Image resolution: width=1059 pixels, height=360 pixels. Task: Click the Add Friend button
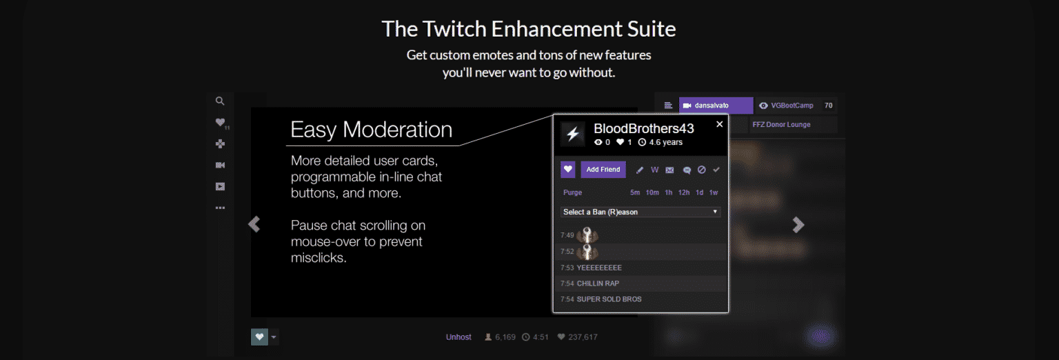point(603,170)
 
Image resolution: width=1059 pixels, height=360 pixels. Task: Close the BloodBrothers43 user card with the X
point(720,124)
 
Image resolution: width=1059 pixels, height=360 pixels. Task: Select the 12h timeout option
point(684,192)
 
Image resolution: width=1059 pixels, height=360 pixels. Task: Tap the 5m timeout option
point(635,192)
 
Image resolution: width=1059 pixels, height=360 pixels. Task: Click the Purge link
point(572,192)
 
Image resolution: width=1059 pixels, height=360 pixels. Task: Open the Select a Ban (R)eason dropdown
point(641,212)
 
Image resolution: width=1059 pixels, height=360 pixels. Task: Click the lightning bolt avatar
point(572,134)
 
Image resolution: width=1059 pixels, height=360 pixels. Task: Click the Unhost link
point(458,337)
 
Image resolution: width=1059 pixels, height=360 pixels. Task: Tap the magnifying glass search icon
point(220,101)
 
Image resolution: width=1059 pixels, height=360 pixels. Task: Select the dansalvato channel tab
point(716,106)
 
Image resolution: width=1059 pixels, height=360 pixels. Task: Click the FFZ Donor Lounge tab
point(781,125)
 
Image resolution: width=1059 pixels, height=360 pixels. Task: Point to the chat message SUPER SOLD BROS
point(609,299)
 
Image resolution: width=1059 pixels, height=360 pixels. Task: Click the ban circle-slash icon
point(701,170)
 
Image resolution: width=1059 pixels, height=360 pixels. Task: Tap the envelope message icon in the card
point(669,170)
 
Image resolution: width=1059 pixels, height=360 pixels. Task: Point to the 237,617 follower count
point(582,337)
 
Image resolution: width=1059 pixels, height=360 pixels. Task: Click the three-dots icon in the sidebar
point(220,208)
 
